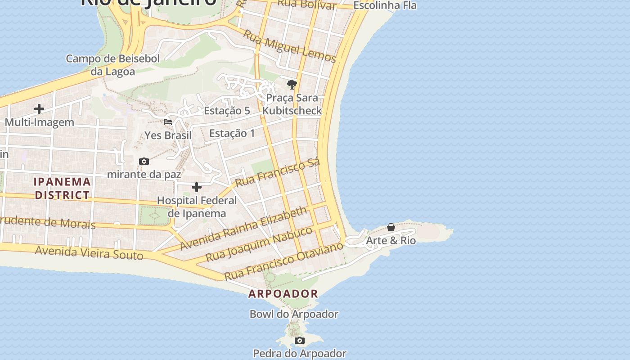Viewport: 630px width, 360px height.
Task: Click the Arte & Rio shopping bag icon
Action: coord(391,227)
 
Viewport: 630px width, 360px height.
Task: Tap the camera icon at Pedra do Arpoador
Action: coord(300,340)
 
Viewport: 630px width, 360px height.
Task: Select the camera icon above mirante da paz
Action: coord(144,161)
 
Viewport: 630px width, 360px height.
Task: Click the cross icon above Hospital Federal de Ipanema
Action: coord(197,187)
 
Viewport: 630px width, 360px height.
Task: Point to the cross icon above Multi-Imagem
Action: coord(39,109)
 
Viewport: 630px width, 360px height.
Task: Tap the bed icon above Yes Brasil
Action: coord(168,121)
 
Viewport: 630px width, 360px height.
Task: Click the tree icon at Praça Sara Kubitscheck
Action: coord(292,84)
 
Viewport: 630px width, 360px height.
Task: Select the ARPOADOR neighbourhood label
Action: coord(283,294)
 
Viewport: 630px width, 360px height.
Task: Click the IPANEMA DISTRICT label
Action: coord(63,189)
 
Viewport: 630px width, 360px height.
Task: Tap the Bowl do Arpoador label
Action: coord(294,314)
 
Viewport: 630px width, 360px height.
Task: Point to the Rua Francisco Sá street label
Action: coord(278,172)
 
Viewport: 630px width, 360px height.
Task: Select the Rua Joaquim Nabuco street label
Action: coord(259,244)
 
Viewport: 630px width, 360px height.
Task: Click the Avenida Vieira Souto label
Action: coord(89,253)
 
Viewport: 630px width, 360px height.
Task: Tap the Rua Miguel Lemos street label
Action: coord(290,46)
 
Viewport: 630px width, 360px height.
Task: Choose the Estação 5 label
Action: coord(227,111)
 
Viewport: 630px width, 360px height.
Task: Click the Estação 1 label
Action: coord(232,133)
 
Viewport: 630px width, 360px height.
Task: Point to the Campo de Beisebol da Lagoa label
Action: coord(112,65)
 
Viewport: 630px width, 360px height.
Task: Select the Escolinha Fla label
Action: coord(385,6)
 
